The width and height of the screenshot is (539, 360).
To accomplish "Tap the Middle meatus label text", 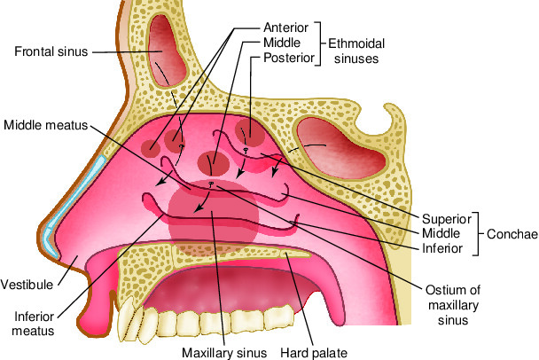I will (43, 124).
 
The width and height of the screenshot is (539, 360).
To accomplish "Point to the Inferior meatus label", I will (34, 323).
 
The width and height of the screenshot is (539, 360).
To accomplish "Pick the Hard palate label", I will (312, 352).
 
